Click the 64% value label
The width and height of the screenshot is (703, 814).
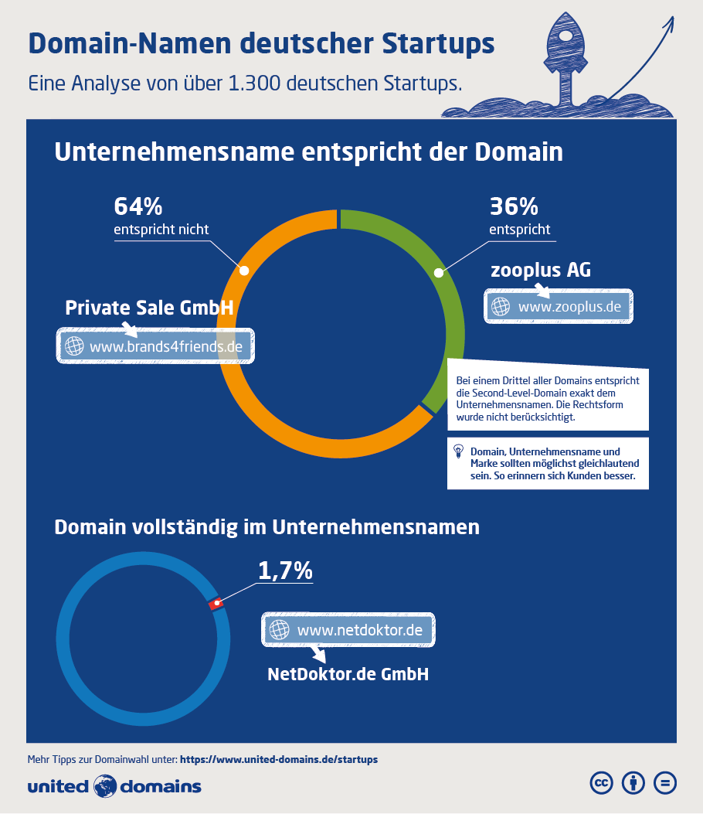138,206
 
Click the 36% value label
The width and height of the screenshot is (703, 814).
513,206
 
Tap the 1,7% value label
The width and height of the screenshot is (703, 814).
284,570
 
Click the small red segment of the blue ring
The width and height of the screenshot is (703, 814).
216,603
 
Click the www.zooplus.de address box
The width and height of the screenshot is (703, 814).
559,306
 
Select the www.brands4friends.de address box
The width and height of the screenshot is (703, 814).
157,346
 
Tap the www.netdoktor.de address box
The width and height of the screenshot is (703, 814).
349,630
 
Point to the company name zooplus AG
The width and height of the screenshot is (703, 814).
541,271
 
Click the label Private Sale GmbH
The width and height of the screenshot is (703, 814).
149,308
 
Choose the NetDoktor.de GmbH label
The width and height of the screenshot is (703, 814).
348,674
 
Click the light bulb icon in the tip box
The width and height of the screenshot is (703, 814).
458,450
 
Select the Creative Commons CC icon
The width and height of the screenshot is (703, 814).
601,783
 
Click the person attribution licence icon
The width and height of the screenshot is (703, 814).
633,783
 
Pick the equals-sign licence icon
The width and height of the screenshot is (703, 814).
664,783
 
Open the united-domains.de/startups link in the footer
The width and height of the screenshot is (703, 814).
279,759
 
